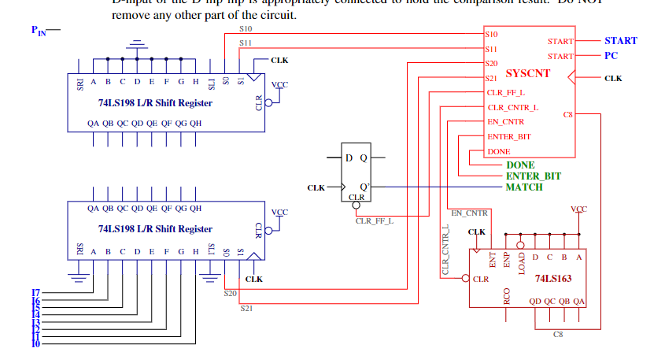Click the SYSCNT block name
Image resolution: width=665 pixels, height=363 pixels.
[527, 74]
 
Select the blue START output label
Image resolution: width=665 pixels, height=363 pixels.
[620, 40]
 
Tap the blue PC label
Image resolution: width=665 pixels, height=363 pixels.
[611, 56]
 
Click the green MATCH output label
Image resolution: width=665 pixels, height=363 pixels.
[524, 187]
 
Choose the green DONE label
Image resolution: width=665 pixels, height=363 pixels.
[519, 165]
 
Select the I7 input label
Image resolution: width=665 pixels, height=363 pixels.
[35, 293]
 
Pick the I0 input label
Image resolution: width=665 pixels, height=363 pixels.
[35, 344]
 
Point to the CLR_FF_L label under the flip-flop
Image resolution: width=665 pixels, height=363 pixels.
[374, 221]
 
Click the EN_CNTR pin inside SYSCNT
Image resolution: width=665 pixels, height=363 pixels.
[505, 122]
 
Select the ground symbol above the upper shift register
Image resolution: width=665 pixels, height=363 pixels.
[138, 45]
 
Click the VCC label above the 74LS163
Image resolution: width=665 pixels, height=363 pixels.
[578, 209]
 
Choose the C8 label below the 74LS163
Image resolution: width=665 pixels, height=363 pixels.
[557, 335]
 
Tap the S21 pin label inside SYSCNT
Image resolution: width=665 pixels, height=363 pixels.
[492, 78]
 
